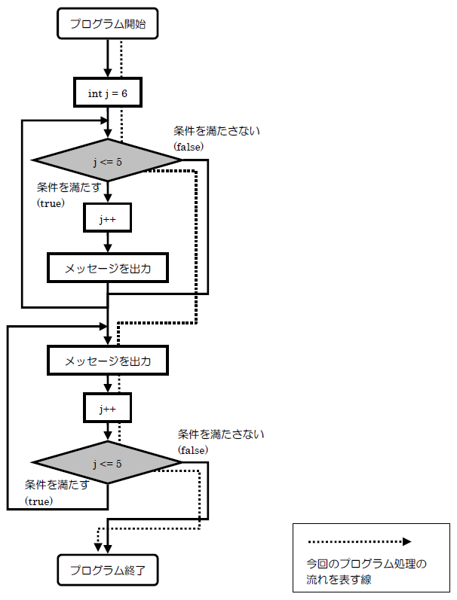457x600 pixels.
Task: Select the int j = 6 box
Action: (107, 93)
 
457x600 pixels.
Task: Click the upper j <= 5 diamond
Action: (107, 161)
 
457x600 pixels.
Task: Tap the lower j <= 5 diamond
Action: (107, 463)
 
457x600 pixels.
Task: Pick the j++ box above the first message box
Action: (107, 219)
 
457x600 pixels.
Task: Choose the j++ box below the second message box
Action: (107, 410)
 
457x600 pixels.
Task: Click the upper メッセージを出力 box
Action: (107, 267)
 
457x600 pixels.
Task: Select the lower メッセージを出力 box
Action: (107, 361)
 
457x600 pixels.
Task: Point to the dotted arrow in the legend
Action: (359, 541)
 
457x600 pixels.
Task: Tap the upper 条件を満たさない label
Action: (216, 131)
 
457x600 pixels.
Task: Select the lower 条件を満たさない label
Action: (221, 435)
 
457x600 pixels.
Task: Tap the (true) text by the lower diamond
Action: (39, 501)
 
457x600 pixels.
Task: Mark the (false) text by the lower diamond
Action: (193, 450)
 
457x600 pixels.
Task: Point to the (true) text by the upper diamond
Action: (51, 203)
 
